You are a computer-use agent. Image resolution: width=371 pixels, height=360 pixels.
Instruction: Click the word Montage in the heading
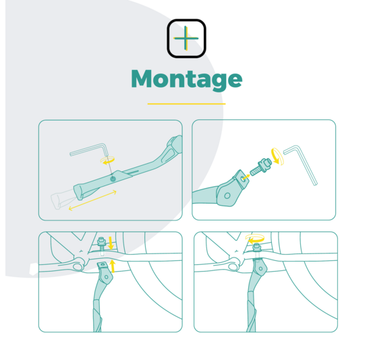[x=187, y=80]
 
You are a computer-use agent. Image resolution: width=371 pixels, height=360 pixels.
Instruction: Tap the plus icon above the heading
[x=186, y=38]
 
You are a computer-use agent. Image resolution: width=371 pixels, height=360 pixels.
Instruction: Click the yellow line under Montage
[x=186, y=104]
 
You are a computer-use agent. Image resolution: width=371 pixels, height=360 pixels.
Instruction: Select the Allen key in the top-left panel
[x=89, y=150]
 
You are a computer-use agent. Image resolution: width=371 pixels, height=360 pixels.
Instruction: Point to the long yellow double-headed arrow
[x=92, y=200]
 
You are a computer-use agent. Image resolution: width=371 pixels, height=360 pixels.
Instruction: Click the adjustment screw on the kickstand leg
[x=113, y=179]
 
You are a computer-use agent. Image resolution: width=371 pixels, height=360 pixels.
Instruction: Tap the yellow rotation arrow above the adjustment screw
[x=108, y=160]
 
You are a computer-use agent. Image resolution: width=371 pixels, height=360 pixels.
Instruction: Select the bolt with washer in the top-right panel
[x=260, y=167]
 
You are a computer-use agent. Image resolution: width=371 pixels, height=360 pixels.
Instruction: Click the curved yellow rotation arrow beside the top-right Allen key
[x=277, y=156]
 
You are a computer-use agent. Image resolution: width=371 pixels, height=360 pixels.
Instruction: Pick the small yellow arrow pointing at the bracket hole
[x=246, y=177]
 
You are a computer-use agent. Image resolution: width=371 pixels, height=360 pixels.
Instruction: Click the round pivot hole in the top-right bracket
[x=227, y=196]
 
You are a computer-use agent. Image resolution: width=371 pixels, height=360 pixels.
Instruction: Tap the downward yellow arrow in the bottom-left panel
[x=111, y=243]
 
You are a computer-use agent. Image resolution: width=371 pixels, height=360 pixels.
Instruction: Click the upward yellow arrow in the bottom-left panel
[x=113, y=266]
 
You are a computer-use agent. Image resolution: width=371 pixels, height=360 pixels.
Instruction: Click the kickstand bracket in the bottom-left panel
[x=105, y=272]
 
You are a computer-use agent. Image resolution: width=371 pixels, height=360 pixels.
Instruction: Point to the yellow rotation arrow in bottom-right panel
[x=255, y=239]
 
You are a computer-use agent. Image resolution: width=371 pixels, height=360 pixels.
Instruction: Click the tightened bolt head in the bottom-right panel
[x=257, y=247]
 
